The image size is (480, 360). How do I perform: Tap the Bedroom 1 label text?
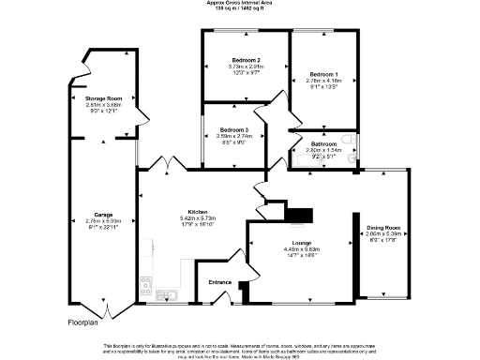coord(325,73)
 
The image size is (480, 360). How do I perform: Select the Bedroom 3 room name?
coord(233,129)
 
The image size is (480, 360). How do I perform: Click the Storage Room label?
coord(104,98)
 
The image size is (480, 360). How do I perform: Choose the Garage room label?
coord(103,215)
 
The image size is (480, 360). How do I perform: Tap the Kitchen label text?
coord(197,212)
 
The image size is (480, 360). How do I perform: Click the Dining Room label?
coord(383,228)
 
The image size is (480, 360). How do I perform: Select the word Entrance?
coord(219,281)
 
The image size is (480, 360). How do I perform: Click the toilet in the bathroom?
coord(348,141)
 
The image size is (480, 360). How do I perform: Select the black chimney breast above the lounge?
coord(297,217)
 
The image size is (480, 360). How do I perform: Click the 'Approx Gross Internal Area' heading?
coord(240,3)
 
